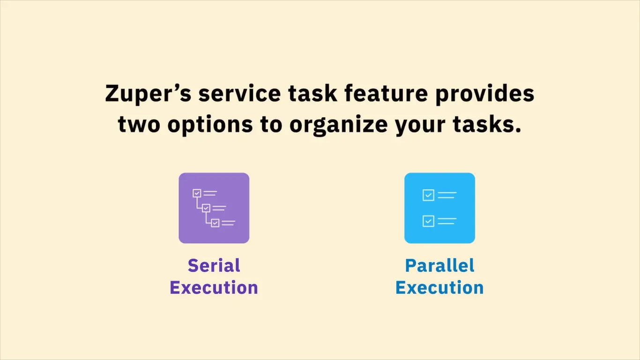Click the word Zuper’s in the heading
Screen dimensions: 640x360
[148, 93]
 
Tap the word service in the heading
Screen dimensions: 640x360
[240, 93]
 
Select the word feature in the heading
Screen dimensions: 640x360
[386, 93]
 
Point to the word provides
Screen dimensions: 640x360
[484, 94]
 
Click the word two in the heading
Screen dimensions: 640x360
[139, 125]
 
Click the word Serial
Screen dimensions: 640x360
[214, 265]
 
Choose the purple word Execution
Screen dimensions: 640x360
[214, 287]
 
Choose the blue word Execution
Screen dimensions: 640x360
[440, 287]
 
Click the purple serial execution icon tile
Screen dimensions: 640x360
[214, 208]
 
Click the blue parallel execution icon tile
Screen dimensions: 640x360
[440, 208]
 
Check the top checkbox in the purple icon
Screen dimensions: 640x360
[197, 193]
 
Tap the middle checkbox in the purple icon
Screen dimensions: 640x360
[206, 208]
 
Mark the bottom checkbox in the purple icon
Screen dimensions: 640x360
[215, 223]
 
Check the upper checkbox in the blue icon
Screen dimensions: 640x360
[428, 195]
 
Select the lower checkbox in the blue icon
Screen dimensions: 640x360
[428, 221]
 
